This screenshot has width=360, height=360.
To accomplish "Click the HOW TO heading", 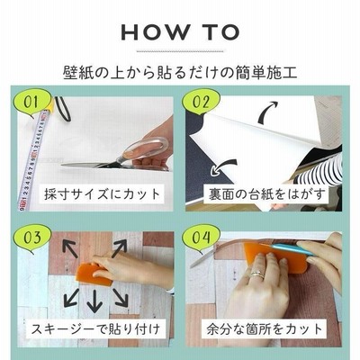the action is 180,32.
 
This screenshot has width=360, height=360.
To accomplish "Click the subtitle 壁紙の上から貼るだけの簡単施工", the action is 180,73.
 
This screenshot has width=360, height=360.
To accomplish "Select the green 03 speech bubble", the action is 31,238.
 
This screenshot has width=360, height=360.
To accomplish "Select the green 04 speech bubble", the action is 201,238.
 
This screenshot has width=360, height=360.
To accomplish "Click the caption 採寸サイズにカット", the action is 102,194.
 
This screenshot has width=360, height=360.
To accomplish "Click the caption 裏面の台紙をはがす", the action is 266,194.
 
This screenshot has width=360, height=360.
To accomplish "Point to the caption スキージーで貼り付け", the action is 95,329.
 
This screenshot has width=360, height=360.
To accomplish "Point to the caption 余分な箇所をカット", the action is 264,329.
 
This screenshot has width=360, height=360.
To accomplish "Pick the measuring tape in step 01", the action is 34,159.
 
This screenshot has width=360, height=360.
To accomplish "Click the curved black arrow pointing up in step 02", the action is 266,112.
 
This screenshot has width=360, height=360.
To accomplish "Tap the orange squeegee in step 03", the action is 94,274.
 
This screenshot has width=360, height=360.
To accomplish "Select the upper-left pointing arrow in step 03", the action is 69,248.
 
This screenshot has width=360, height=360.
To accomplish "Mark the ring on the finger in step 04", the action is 257,274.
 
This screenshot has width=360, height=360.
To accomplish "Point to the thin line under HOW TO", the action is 180,51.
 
